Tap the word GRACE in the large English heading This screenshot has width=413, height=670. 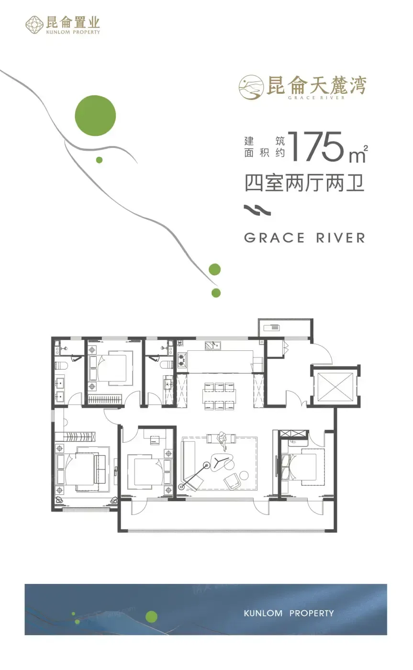coord(274,238)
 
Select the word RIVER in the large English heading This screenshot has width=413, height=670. coord(341,238)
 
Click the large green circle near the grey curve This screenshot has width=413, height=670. coord(95,115)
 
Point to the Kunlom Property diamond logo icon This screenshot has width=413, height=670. coord(34,24)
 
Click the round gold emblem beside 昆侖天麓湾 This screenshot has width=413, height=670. coord(251,87)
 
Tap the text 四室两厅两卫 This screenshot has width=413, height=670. coord(304,183)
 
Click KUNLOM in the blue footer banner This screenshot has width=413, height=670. coord(263,613)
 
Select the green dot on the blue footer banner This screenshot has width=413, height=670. coord(151,616)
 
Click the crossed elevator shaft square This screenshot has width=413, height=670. coord(335,387)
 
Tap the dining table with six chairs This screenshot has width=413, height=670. coord(219,396)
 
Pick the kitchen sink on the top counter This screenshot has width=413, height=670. coord(213,346)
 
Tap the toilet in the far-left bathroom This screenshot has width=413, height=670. coord(60,365)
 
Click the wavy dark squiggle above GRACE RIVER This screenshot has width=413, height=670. coord(257,210)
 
